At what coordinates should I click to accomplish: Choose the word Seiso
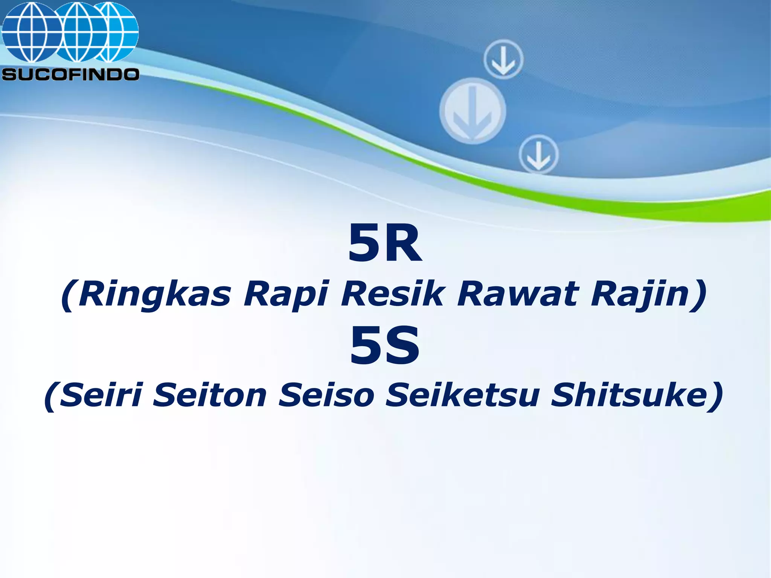[x=326, y=395]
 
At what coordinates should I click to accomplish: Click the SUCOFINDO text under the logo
[x=70, y=75]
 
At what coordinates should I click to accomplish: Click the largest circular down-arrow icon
[x=473, y=111]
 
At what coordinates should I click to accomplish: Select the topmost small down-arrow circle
[x=503, y=60]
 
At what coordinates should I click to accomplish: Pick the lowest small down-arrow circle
[x=538, y=154]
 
